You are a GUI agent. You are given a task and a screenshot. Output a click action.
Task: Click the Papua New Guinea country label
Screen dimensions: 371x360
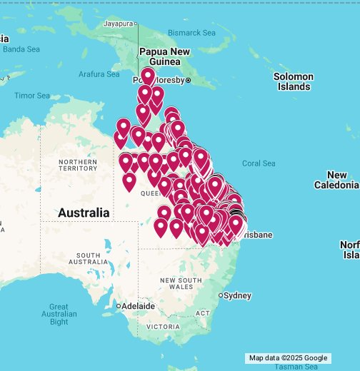point(164,56)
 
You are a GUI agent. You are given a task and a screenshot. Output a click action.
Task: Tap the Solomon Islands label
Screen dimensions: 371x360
point(294,81)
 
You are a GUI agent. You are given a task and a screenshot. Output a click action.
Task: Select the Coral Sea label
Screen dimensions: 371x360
point(259,163)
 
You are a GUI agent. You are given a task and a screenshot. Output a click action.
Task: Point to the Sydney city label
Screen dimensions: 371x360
point(238,295)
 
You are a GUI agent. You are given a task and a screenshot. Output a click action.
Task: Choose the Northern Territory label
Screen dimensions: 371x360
point(79,165)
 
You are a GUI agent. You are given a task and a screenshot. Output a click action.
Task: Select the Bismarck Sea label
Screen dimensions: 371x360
point(191,33)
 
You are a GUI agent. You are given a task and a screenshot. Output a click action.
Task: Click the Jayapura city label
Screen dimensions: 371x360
point(119,24)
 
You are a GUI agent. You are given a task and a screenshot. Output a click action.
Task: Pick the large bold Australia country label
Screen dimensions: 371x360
point(84,213)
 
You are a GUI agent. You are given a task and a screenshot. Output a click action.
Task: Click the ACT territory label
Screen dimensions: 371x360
point(203,313)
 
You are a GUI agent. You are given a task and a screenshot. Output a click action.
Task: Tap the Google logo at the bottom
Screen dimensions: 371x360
point(315,358)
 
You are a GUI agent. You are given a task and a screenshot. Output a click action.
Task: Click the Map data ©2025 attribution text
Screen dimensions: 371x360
point(275,358)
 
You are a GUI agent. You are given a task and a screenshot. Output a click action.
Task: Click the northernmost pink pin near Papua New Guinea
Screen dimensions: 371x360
point(148,75)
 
